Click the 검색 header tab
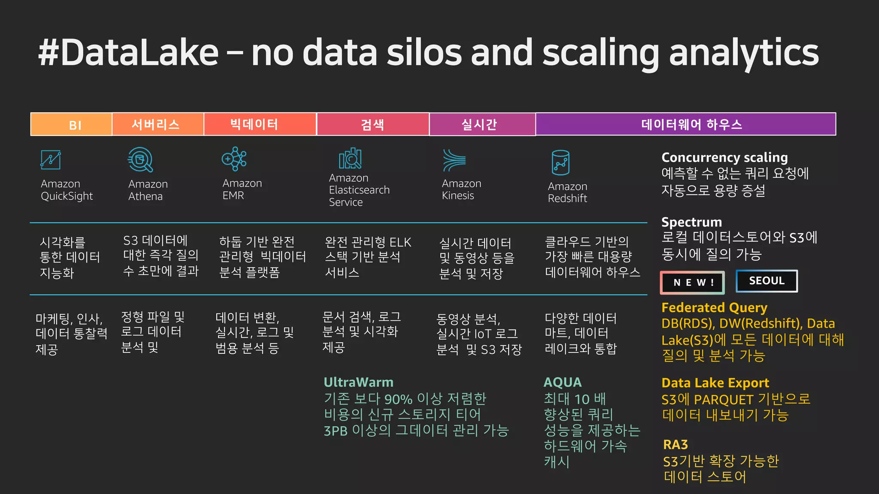click(373, 124)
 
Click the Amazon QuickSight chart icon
click(51, 160)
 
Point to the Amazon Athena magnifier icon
click(140, 160)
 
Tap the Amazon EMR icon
click(234, 159)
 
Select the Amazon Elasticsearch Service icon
click(350, 159)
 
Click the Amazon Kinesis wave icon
click(454, 160)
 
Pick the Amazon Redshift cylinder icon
click(560, 163)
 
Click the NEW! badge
click(692, 283)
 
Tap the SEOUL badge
click(767, 281)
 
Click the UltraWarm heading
click(358, 382)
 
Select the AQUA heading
click(562, 382)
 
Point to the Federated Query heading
click(714, 307)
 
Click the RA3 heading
click(675, 444)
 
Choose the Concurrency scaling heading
click(724, 157)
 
